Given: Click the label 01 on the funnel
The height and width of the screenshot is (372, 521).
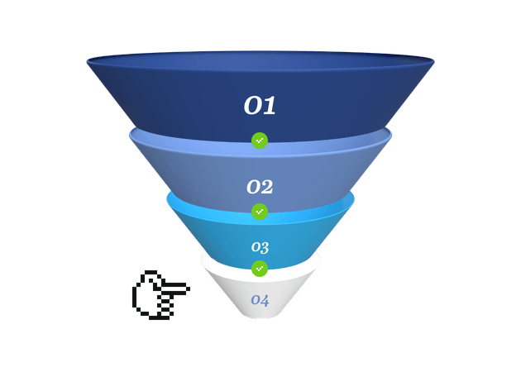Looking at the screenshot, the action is click(x=260, y=105).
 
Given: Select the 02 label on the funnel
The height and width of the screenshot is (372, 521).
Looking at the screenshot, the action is click(x=260, y=187).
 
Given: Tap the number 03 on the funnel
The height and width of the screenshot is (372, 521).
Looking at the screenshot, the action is click(x=260, y=247).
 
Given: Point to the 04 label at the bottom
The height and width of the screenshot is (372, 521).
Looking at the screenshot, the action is click(x=260, y=300).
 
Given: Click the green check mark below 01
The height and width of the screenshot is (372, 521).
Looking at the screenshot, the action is click(x=260, y=141).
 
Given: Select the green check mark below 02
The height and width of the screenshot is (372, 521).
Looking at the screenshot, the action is click(x=260, y=212).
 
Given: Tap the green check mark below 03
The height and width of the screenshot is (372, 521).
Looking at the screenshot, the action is click(x=260, y=269).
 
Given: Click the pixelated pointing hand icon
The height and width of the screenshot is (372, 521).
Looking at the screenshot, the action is click(x=161, y=295).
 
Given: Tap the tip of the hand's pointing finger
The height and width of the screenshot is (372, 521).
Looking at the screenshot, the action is click(x=189, y=289).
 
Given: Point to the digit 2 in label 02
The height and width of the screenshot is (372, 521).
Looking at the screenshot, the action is click(x=267, y=187).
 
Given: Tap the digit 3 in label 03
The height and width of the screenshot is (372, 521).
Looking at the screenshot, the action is click(x=265, y=248).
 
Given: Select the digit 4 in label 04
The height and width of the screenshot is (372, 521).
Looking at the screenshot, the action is click(x=265, y=300).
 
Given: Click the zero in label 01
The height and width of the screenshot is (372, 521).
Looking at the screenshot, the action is click(x=252, y=106).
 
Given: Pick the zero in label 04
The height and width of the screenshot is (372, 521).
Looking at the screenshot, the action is click(x=256, y=301).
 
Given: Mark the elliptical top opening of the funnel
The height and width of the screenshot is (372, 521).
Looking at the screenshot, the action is click(x=260, y=61).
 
